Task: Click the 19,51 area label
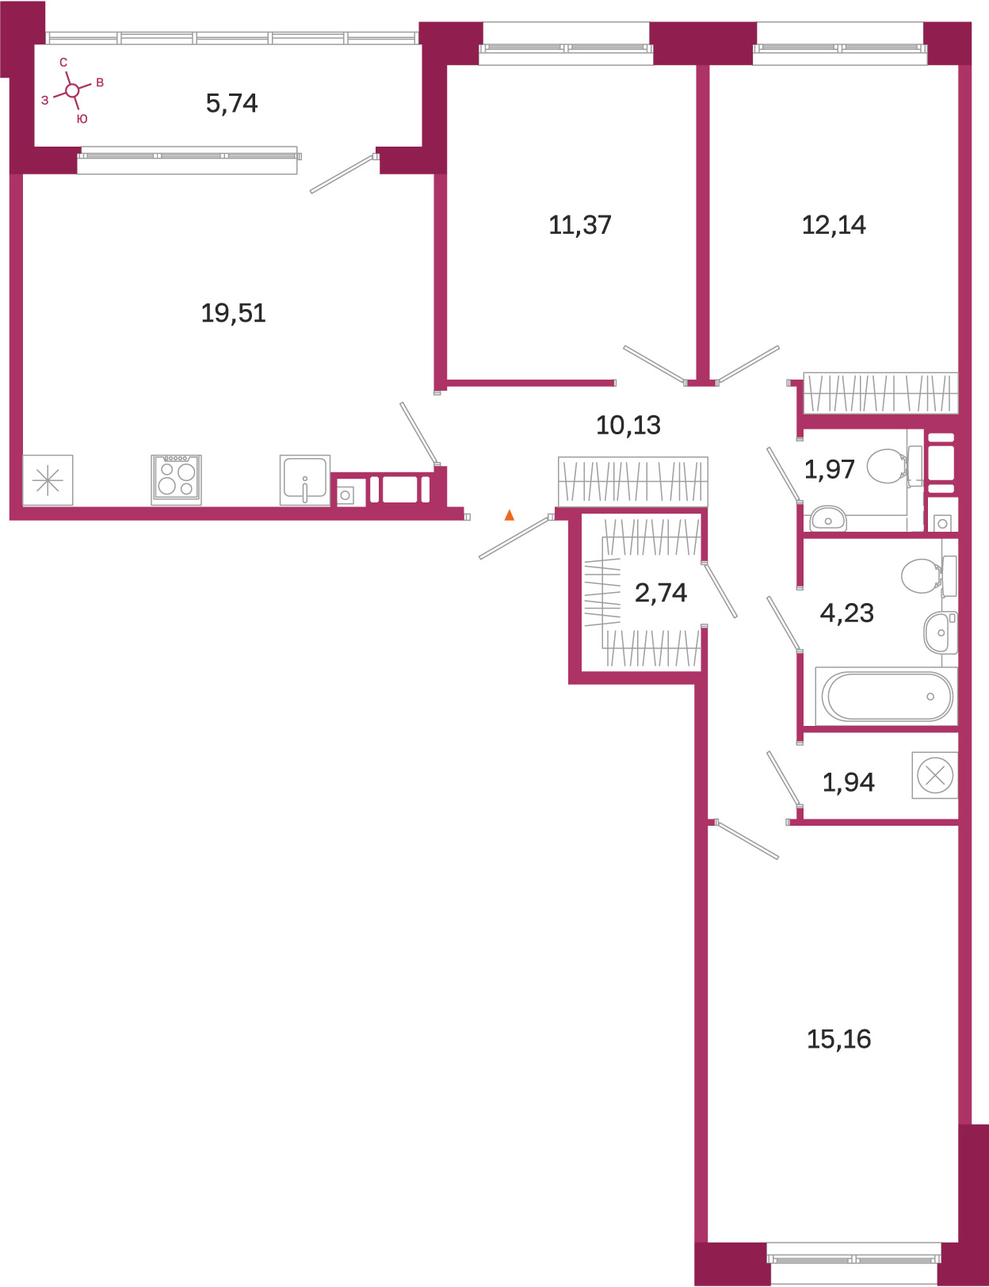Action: (233, 313)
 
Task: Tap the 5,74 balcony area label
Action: (231, 104)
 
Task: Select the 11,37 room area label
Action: (580, 225)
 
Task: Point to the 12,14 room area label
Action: (834, 225)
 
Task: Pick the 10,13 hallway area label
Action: (628, 426)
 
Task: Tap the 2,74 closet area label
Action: (661, 592)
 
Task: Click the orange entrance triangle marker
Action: (510, 515)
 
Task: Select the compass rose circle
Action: (72, 90)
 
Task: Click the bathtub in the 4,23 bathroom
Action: (887, 697)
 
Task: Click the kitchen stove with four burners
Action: (177, 479)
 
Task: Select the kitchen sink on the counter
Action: (305, 480)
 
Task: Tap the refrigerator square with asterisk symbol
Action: (48, 480)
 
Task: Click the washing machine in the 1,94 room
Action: (935, 775)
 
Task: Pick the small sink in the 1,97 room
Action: (828, 518)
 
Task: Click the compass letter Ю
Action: (82, 119)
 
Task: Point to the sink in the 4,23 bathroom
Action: (941, 632)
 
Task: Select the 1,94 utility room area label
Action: (848, 783)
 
